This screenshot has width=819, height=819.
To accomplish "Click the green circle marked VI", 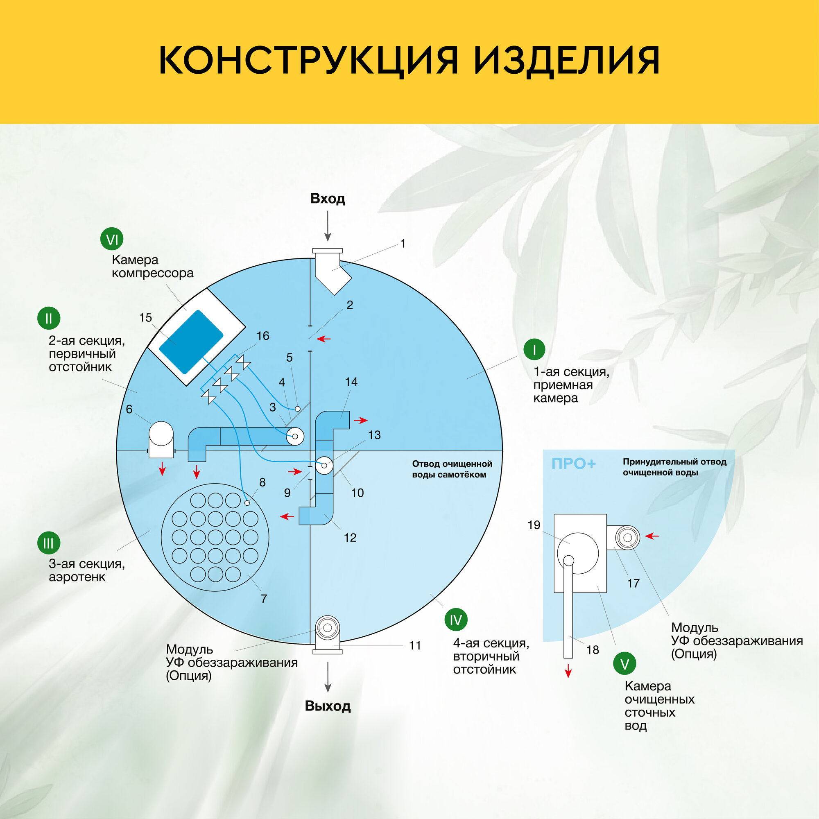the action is (x=112, y=239).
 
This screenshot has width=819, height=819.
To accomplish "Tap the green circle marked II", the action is (x=49, y=318).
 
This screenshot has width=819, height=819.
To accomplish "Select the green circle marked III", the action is (x=49, y=543).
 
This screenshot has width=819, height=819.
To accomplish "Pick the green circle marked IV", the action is (x=456, y=620).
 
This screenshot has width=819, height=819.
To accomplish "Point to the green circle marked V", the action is (x=625, y=664).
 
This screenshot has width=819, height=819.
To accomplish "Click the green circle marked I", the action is (x=534, y=350).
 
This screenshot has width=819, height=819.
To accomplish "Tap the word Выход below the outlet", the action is (x=328, y=706).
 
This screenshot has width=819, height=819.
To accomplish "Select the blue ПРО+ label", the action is (x=574, y=464).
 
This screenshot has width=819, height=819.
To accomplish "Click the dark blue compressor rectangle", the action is (x=191, y=342).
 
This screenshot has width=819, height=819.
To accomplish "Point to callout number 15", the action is (x=145, y=317).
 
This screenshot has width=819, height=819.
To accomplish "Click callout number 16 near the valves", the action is (x=263, y=336).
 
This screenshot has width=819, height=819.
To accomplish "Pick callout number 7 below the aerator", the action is (x=264, y=599).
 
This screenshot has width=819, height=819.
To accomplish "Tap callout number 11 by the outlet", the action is (x=415, y=646).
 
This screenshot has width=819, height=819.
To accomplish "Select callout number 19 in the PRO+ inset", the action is (x=534, y=525).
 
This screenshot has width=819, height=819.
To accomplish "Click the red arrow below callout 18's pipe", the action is (x=568, y=672).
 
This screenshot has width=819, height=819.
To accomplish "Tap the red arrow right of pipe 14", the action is (x=361, y=421).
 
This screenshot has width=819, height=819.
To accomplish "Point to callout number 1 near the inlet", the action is (x=403, y=244).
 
